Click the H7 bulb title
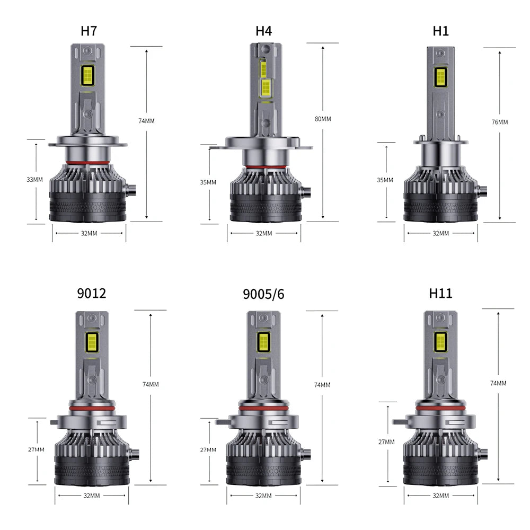pyautogui.click(x=89, y=31)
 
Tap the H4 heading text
pyautogui.click(x=263, y=31)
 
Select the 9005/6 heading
pyautogui.click(x=263, y=294)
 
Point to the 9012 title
pyautogui.click(x=92, y=293)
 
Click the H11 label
pyautogui.click(x=440, y=293)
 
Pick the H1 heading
pyautogui.click(x=441, y=31)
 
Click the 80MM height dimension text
pyautogui.click(x=323, y=119)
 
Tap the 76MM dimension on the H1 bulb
pyautogui.click(x=500, y=122)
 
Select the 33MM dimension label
pyautogui.click(x=35, y=180)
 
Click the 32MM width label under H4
pyautogui.click(x=264, y=233)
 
